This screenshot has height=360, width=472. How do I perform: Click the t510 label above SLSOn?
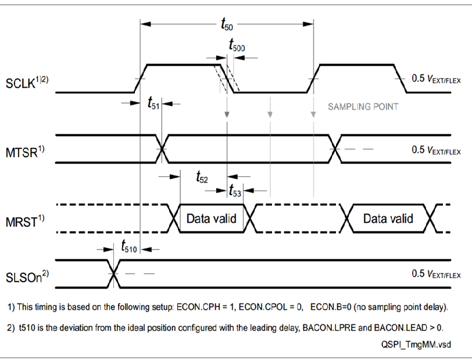click(x=130, y=248)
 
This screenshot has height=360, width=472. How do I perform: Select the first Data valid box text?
click(x=211, y=219)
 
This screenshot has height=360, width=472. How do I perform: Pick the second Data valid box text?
click(x=388, y=219)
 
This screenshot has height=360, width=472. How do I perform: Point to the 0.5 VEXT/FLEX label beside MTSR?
click(x=435, y=149)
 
